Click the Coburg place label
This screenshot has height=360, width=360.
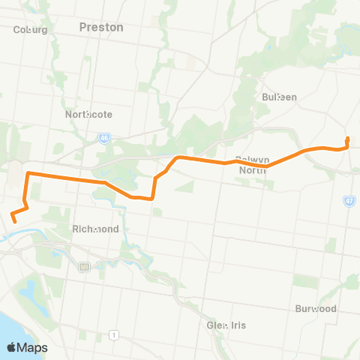31,30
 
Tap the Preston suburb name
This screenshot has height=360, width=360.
100,27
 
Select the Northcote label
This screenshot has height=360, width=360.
88,115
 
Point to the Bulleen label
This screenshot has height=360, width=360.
280,97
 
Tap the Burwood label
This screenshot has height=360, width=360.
315,308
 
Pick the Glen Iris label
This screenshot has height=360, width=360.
226,325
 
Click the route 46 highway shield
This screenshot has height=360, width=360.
103,138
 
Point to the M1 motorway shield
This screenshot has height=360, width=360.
84,266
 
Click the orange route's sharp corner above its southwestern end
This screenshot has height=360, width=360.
28,174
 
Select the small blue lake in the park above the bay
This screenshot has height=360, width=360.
30,289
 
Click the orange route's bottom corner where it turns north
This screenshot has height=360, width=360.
153,198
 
